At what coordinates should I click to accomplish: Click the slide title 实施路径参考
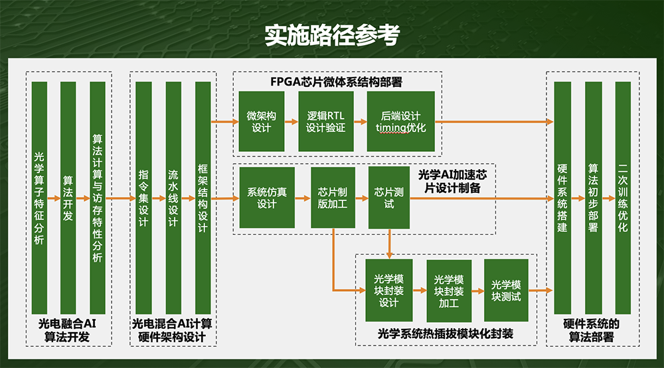[333, 34]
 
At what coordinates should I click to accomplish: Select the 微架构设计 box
[261, 121]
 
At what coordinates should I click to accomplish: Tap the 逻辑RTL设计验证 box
[325, 121]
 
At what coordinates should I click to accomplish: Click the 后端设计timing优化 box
[400, 121]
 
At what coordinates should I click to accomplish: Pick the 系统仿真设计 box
[267, 198]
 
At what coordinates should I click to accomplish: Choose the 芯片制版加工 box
[333, 198]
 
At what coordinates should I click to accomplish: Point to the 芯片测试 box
[388, 198]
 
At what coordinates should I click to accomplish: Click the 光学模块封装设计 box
[388, 290]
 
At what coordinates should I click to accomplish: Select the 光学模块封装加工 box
[449, 290]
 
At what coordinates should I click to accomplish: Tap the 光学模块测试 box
[506, 290]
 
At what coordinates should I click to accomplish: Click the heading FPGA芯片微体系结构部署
[336, 82]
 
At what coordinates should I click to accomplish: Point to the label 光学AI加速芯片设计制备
[452, 181]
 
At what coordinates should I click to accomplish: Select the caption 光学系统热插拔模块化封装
[446, 334]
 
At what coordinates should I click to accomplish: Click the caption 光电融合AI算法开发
[67, 330]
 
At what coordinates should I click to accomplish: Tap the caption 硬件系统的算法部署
[591, 330]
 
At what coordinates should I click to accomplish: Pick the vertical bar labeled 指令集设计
[143, 198]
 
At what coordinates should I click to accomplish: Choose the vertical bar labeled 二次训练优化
[623, 198]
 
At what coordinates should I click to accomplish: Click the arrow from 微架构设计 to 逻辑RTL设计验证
[291, 122]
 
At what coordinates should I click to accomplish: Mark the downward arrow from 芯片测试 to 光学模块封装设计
[389, 243]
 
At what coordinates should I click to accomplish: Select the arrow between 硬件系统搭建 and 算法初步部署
[578, 198]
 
